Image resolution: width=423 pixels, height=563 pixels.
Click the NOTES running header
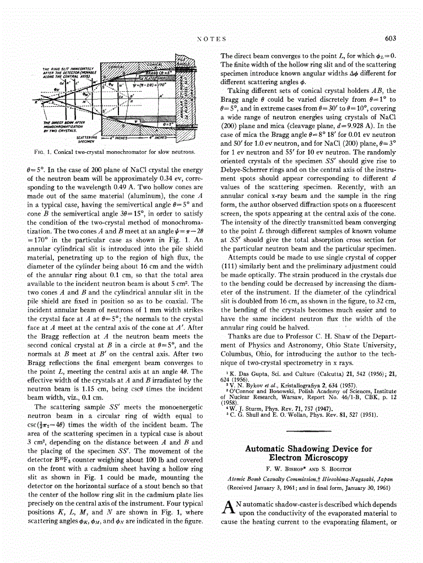point(211,38)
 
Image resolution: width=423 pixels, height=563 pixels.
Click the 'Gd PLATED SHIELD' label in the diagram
point(153,79)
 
